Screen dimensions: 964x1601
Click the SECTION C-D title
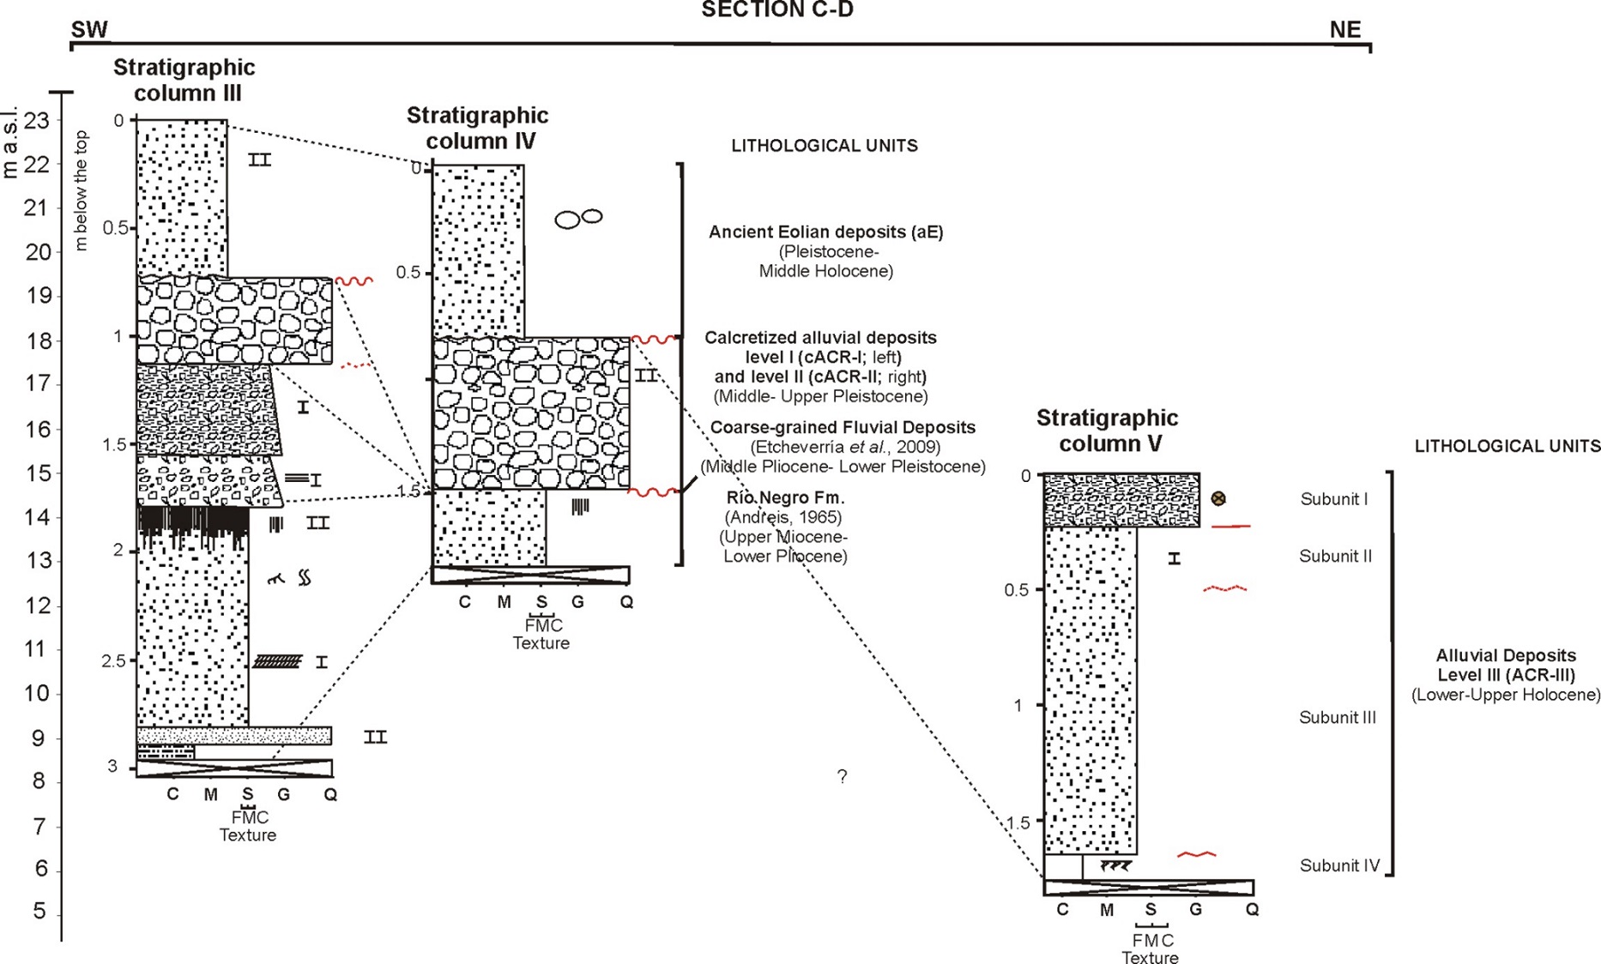[x=776, y=10]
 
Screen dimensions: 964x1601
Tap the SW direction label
[x=89, y=30]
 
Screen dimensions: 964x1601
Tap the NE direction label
[x=1344, y=30]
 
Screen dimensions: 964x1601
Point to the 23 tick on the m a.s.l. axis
[x=38, y=121]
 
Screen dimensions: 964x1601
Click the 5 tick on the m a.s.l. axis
[x=39, y=911]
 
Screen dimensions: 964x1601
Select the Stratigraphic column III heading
[x=184, y=80]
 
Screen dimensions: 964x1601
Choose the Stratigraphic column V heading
[x=1107, y=431]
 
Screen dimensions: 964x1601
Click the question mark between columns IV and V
[x=842, y=776]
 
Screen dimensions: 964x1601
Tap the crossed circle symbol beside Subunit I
[x=1217, y=498]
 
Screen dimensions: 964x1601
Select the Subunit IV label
[x=1339, y=865]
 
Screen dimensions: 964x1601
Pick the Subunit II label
[x=1335, y=557]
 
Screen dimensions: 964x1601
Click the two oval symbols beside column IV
[x=578, y=219]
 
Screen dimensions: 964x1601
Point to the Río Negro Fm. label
[x=785, y=497]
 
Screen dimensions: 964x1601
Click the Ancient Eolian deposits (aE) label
[x=825, y=232]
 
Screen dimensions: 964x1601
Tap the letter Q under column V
[x=1252, y=909]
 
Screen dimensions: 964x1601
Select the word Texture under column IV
[x=541, y=643]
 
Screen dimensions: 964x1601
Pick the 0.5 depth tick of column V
[x=1018, y=590]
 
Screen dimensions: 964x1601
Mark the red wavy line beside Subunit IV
[x=1196, y=854]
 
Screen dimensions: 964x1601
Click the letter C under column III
[x=172, y=794]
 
